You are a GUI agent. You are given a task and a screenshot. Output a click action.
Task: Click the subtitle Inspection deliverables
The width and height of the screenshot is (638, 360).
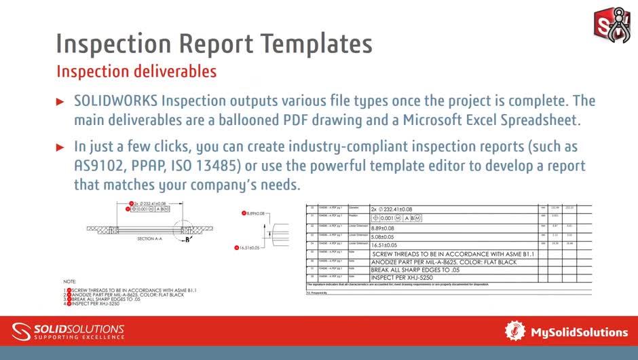136,71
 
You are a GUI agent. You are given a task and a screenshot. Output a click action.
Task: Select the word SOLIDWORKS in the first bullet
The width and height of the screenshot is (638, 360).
115,101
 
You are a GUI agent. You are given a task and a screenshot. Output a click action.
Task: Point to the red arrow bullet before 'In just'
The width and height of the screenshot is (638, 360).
60,147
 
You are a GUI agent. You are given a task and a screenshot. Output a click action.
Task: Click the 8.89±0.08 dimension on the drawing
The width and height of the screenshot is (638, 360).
252,213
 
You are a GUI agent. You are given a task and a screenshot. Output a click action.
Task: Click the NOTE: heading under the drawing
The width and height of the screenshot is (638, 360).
69,281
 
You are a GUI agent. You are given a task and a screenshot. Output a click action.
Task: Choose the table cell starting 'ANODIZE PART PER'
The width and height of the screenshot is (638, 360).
444,262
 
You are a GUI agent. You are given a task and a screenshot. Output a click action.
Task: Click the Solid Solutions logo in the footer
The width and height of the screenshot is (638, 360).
68,331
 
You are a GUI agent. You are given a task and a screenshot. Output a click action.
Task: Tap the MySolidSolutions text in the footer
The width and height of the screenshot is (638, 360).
578,332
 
